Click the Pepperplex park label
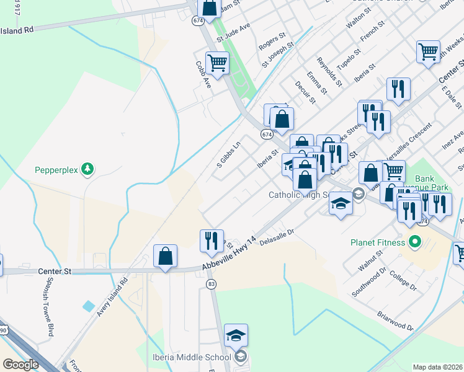point(56,170)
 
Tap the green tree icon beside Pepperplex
point(88,169)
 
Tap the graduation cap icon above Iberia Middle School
point(236,335)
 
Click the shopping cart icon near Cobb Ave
point(217,62)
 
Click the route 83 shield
point(212,283)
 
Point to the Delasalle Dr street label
point(276,239)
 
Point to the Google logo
point(20,365)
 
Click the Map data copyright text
point(437,366)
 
